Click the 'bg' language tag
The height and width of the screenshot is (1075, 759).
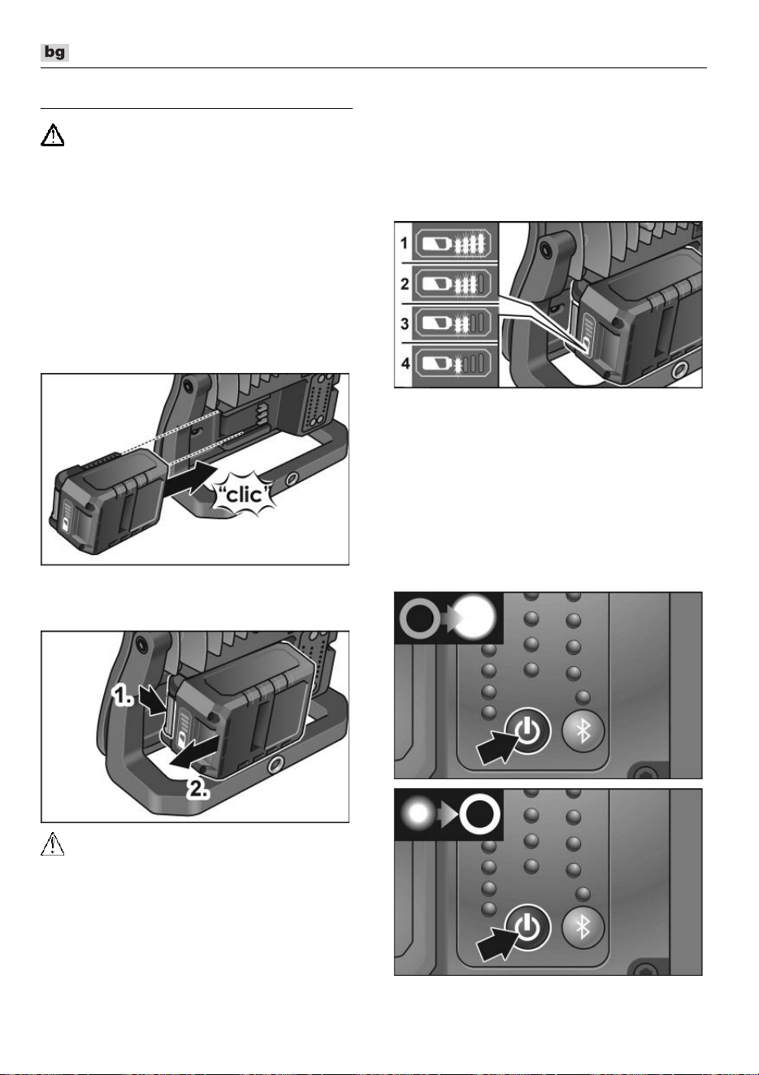tap(54, 52)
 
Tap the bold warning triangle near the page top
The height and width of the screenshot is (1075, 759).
tap(52, 136)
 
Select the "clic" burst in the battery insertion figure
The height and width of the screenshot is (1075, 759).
tap(245, 494)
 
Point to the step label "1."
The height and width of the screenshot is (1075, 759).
tap(123, 696)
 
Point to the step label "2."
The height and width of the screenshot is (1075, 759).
tap(198, 790)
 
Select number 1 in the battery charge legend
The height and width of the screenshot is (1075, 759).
tap(404, 243)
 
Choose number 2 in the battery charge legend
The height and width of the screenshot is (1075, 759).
tap(405, 284)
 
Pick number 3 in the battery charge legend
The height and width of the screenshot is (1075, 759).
tap(405, 323)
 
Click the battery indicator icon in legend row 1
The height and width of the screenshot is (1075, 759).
tap(453, 243)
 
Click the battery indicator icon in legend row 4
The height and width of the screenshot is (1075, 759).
tap(453, 363)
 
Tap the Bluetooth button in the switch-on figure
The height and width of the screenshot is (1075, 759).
tap(583, 731)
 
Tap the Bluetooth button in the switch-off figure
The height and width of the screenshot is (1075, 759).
tap(583, 928)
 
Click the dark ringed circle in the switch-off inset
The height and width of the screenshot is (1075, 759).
tap(479, 814)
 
